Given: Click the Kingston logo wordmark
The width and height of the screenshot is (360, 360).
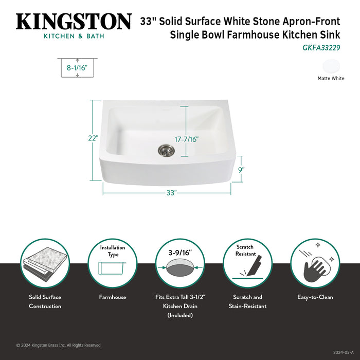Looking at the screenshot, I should pos(74,22).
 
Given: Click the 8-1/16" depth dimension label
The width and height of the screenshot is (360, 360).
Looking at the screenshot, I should pos(77,67).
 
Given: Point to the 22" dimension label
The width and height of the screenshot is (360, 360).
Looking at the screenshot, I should pos(93,138).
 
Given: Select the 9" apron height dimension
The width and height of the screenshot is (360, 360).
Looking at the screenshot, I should pos(241,169).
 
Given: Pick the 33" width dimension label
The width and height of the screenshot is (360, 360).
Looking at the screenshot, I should pos(171,192).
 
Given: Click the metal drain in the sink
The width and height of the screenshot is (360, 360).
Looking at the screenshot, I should pos(166,150).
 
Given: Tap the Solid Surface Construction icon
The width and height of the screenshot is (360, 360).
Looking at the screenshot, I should pos(45,263).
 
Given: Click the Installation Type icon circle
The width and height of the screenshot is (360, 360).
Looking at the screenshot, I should pos(113,263).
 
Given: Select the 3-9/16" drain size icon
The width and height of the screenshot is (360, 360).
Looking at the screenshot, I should pos(180,263).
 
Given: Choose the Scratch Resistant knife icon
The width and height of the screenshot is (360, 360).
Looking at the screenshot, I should pos(247,263).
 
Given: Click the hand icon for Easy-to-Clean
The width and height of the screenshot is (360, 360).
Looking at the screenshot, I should pos(315,263).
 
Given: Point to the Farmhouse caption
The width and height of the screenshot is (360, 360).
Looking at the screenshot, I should pos(113,297).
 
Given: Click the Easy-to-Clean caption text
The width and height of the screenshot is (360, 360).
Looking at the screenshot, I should pos(315,297).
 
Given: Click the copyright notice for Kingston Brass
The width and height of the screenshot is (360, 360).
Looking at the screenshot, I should pos(58,345).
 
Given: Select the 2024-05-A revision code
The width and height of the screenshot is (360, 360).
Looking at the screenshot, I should pos(343,353).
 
